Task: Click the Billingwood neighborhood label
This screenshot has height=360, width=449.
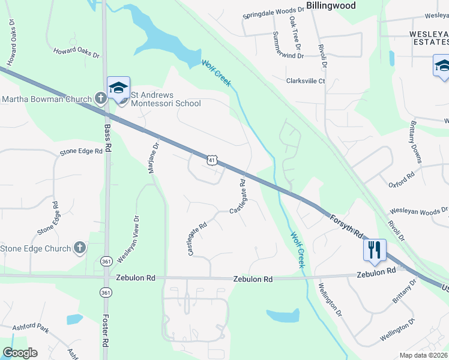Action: pos(331,5)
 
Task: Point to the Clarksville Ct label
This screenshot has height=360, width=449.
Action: pos(306,81)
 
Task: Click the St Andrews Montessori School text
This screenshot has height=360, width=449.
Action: pos(162,99)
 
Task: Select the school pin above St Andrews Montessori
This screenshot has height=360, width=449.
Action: pos(118,89)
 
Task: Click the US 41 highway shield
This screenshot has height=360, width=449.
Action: pos(211,160)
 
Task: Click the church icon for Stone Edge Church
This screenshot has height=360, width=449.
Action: pos(80,248)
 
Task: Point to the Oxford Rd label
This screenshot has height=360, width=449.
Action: pos(402,181)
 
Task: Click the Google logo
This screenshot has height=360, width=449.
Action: pos(20,352)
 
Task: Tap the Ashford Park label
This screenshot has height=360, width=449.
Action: pos(34,329)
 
